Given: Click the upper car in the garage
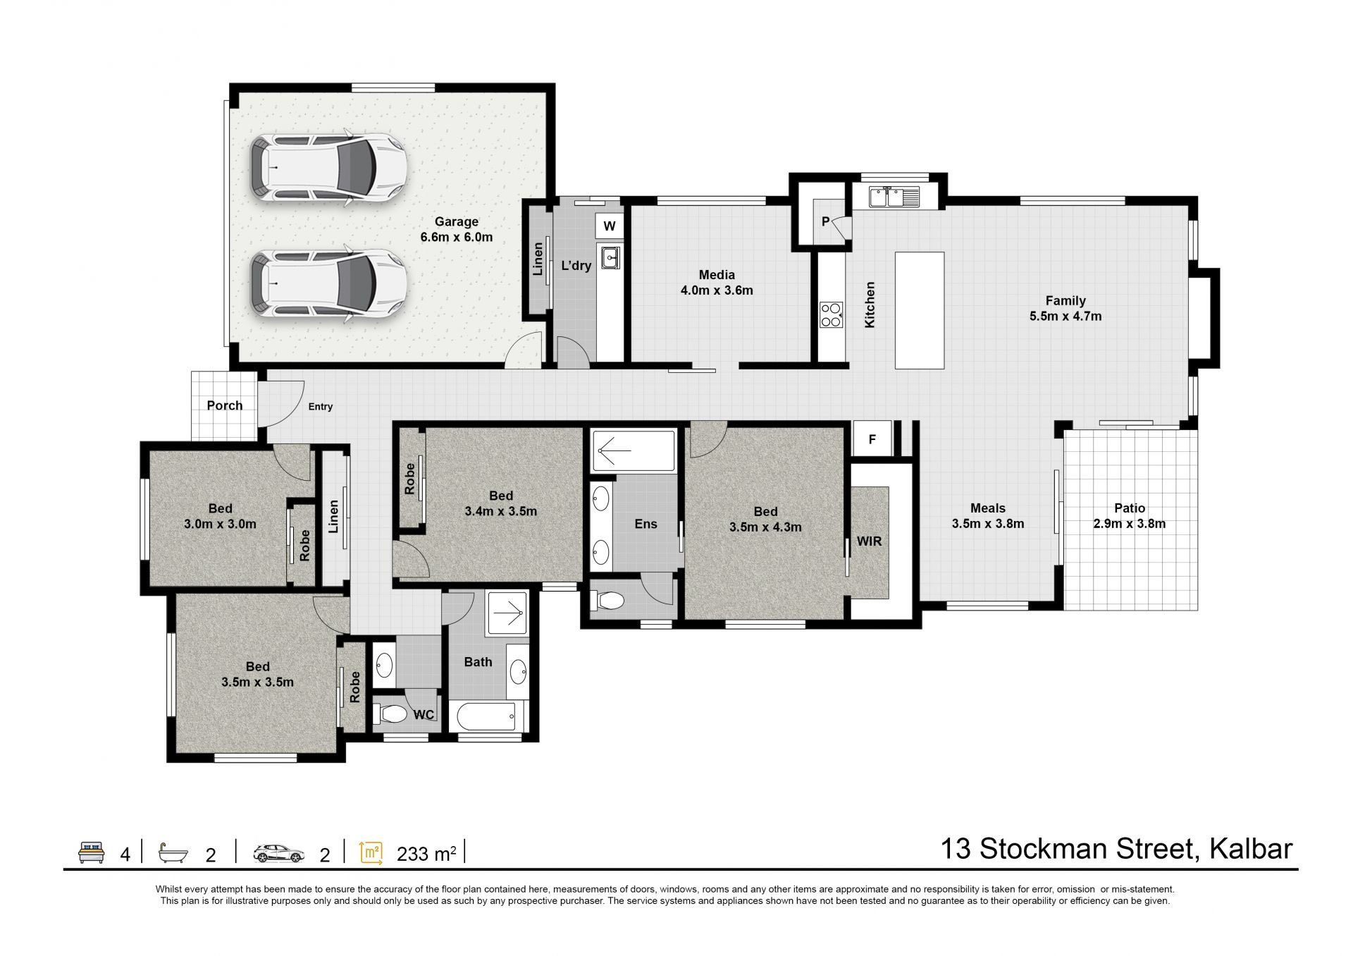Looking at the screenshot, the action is point(328,170).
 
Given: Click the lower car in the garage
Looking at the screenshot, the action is point(328,284).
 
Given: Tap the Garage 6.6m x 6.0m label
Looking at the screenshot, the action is point(457,229).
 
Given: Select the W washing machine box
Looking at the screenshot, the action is point(610,226).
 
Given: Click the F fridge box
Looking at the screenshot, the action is point(872,439).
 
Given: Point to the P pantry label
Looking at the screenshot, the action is point(825,222).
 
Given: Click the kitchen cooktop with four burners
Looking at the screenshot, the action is point(832,314).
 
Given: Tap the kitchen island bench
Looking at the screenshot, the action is point(920,310).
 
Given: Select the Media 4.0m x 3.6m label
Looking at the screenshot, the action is point(717,282).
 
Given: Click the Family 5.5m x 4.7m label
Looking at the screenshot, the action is point(1065,308).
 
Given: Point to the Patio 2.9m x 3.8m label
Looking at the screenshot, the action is point(1130,515).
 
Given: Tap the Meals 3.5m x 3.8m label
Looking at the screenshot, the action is point(988,515).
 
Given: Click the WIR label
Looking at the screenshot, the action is point(869,541).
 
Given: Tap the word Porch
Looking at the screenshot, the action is point(225,405).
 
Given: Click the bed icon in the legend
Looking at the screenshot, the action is point(92,852).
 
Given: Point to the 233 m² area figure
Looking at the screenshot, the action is point(426,854).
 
